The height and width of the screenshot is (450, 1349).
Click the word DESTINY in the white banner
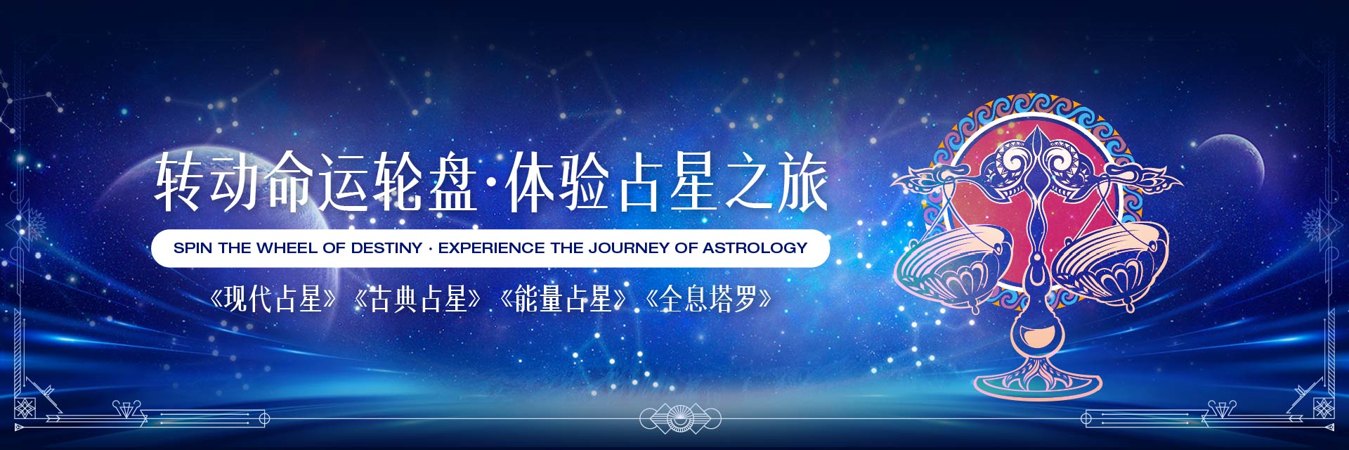coord(387,248)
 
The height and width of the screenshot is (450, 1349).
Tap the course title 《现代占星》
coord(274,300)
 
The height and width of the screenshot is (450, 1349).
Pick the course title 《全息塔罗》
coord(709,300)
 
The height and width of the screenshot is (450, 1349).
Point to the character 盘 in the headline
coord(452,182)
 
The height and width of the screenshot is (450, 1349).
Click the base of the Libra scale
coord(1037,380)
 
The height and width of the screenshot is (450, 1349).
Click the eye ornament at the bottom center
coord(680,419)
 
